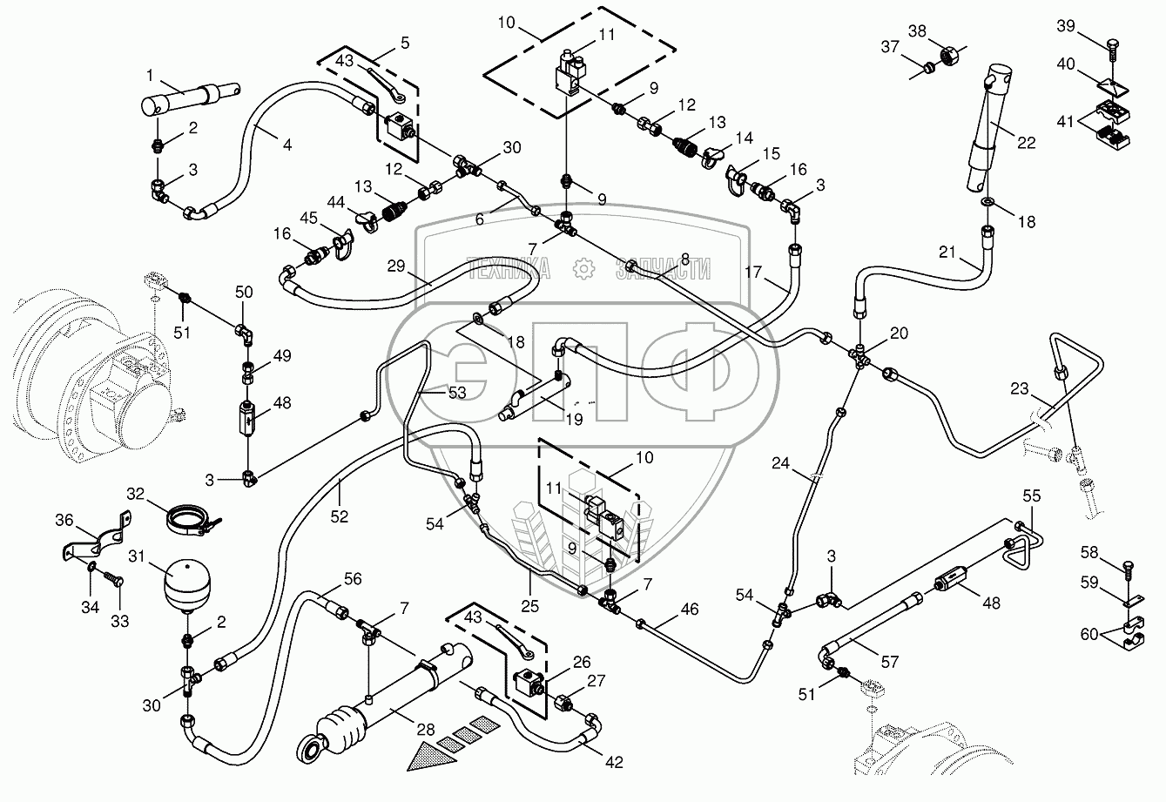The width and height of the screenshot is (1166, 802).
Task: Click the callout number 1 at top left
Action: pos(149,75)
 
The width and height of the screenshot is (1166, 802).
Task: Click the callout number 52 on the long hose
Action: pos(339,516)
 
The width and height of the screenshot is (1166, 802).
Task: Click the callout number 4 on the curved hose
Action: pos(287,144)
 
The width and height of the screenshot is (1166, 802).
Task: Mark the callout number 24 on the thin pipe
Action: pos(779,464)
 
